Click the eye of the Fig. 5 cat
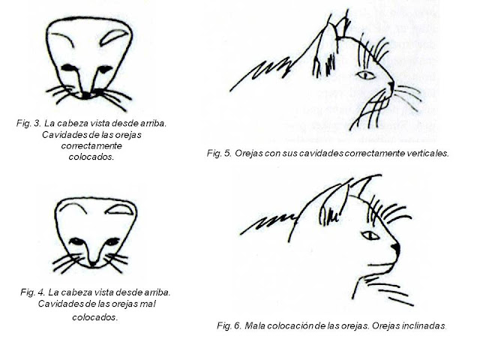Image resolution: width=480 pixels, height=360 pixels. click(366, 75)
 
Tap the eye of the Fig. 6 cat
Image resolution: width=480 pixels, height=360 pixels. click(370, 235)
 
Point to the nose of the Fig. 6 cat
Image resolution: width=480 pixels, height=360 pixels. click(397, 248)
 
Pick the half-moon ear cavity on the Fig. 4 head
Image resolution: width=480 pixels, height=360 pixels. click(120, 209)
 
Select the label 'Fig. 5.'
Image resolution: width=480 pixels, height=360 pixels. click(219, 153)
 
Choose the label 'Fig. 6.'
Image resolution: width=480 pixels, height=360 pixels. click(229, 325)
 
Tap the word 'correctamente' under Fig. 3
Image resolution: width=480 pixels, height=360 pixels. click(91, 145)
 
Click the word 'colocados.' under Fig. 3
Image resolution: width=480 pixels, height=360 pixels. click(91, 157)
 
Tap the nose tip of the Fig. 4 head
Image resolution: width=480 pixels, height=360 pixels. click(92, 263)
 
